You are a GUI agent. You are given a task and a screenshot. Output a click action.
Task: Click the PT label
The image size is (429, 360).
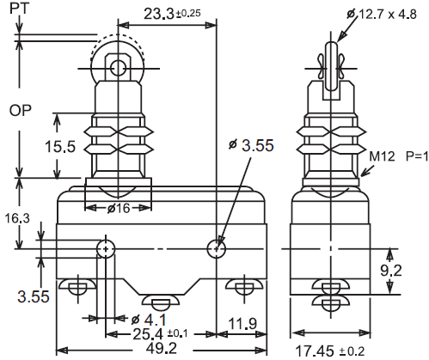[19, 9]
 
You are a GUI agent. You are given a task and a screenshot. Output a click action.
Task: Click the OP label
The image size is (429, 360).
[20, 110]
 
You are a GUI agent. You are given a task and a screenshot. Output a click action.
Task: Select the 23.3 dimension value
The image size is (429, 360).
[159, 14]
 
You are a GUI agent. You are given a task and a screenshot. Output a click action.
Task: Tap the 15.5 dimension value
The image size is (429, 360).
[60, 146]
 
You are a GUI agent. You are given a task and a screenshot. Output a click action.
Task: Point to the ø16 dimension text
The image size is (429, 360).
[119, 208]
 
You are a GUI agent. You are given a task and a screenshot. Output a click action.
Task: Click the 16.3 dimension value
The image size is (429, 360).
[17, 219]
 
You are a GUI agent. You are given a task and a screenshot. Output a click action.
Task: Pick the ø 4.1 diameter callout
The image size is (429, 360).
[149, 320]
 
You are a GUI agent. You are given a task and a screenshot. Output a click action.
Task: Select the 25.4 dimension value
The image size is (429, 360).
[148, 334]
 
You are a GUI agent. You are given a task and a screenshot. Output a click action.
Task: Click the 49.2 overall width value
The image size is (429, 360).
[162, 348]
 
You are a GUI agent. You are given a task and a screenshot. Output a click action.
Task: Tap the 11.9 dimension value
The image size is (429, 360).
[242, 324]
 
